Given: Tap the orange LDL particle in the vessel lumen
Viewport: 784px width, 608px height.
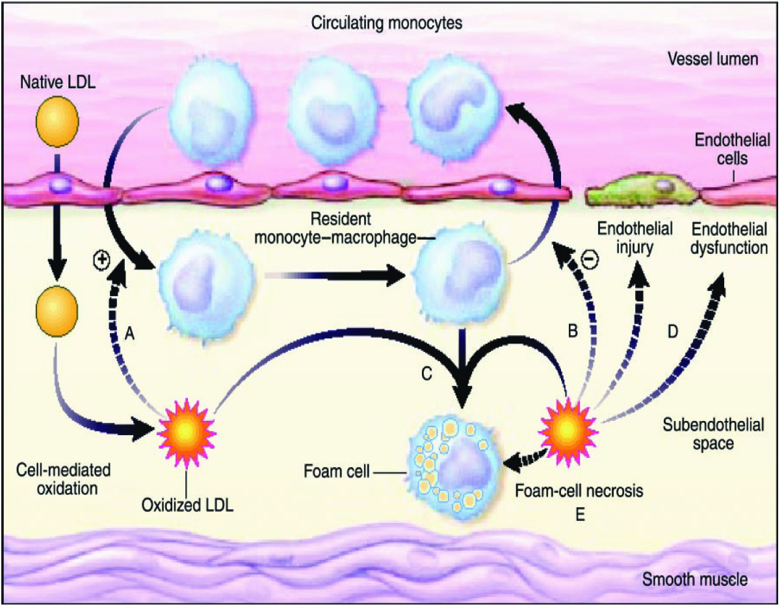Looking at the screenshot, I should (58, 123).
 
